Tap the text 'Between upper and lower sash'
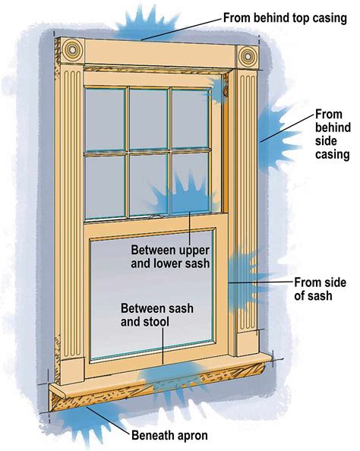[x=171, y=256]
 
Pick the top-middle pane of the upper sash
[x=147, y=118]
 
